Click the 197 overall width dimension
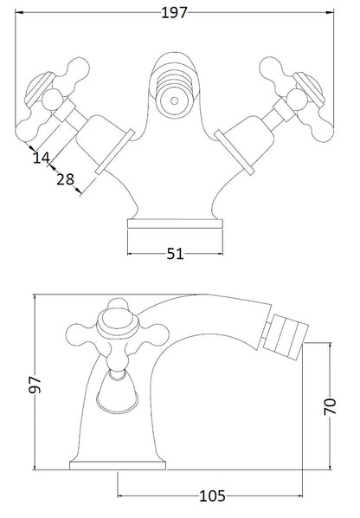[178, 11]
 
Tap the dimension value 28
[63, 178]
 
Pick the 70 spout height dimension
[329, 406]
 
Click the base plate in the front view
[177, 223]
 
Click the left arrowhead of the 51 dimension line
[131, 254]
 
